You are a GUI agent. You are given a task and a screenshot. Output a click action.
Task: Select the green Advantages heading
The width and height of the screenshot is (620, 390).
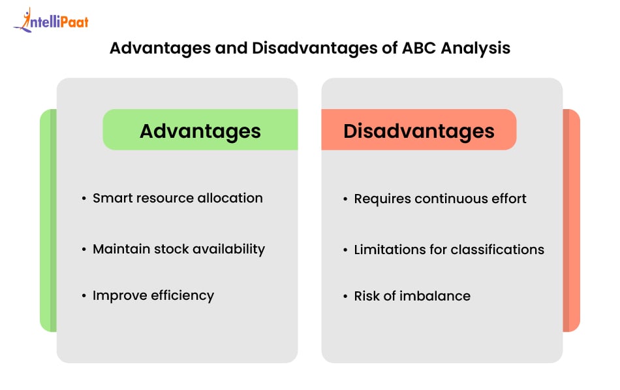click(x=200, y=131)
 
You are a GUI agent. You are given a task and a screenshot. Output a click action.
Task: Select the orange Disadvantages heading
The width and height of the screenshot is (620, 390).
click(x=419, y=131)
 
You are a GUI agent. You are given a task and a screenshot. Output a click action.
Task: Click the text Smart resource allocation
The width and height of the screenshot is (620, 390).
click(x=178, y=198)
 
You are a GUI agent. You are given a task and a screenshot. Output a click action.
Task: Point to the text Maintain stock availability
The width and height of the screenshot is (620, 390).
click(x=179, y=249)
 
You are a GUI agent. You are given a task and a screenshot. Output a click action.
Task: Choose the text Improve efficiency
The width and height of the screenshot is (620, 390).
click(x=153, y=295)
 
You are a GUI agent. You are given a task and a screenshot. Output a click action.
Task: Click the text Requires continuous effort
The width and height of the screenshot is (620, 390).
click(x=440, y=199)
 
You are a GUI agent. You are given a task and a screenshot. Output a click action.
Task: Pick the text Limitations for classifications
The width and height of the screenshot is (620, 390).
click(x=449, y=249)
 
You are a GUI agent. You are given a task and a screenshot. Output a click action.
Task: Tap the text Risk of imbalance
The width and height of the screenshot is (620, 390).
click(x=412, y=296)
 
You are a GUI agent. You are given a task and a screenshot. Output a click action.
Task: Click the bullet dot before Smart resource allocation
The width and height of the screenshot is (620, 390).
click(x=84, y=199)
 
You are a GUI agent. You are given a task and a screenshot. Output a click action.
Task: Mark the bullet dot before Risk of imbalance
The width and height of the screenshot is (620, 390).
click(x=345, y=297)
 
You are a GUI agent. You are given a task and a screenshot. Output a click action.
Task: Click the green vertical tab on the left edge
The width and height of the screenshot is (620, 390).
click(x=48, y=220)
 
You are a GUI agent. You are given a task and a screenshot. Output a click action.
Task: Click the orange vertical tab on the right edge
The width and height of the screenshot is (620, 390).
click(x=571, y=220)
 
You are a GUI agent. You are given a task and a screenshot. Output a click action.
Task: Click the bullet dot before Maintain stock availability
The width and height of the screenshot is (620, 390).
click(x=84, y=250)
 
